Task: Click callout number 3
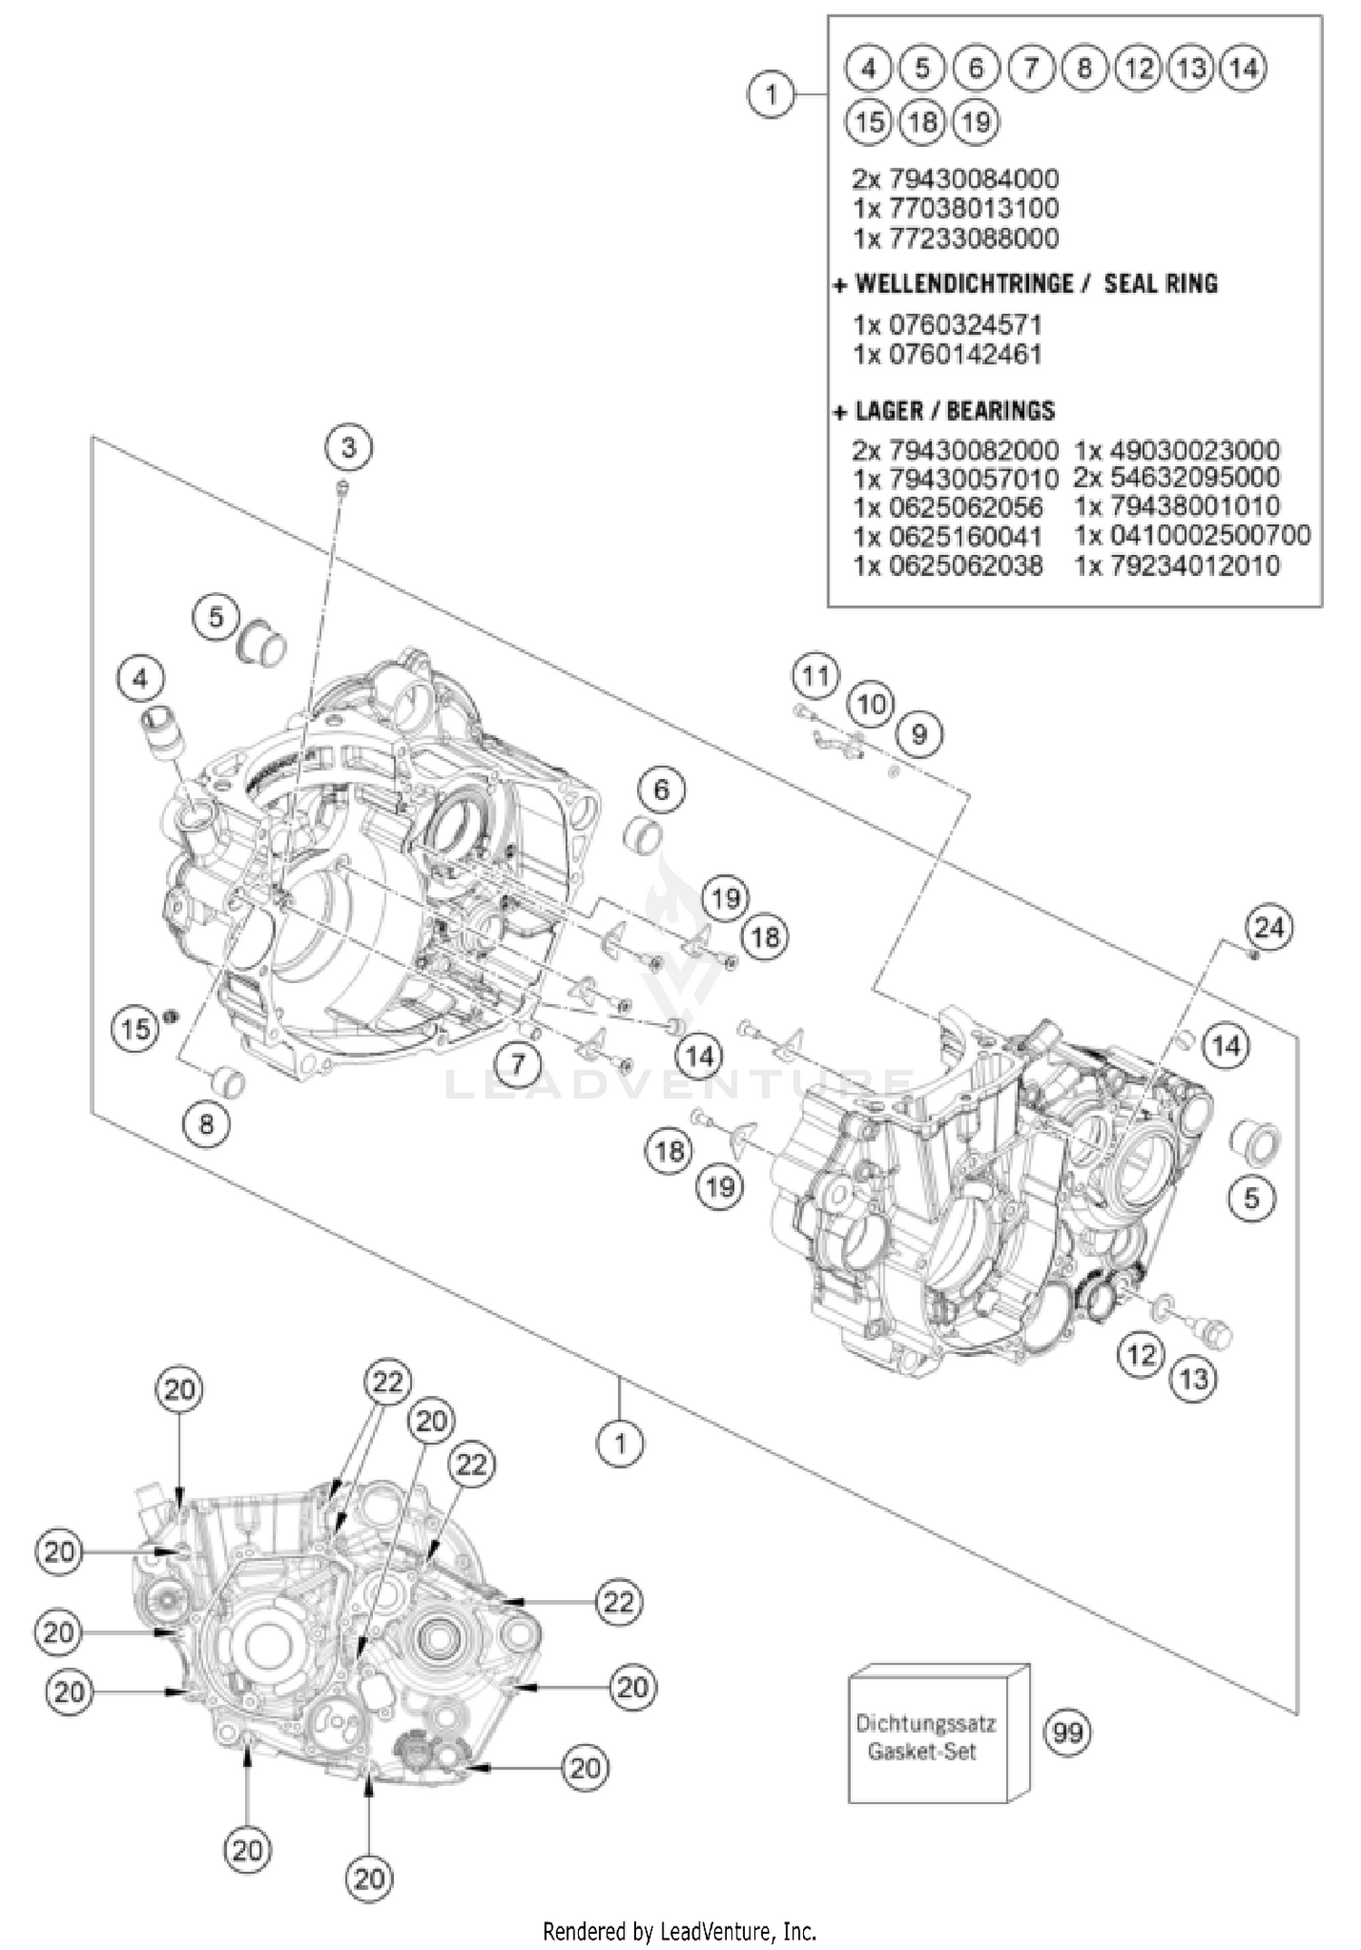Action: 349,447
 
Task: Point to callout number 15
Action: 135,1029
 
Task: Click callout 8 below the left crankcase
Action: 206,1125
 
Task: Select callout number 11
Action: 816,676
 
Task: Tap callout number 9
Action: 919,734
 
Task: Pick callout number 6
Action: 661,790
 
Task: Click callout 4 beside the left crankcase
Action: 141,678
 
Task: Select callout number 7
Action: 518,1062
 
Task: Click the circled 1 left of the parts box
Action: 771,93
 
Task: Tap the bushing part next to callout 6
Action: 641,835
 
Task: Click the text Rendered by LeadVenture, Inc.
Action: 680,1931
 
